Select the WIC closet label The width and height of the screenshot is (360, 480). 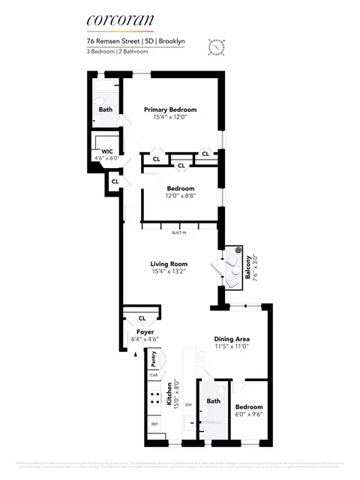point(106,151)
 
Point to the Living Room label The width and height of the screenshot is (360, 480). point(169,264)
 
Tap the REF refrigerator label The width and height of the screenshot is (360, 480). point(155,424)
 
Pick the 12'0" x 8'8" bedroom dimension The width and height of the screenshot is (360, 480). point(181,196)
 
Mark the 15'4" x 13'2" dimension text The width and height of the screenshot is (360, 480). point(169,272)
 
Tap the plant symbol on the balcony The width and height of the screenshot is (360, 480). point(237,250)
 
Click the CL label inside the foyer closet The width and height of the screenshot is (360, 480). point(140,318)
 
